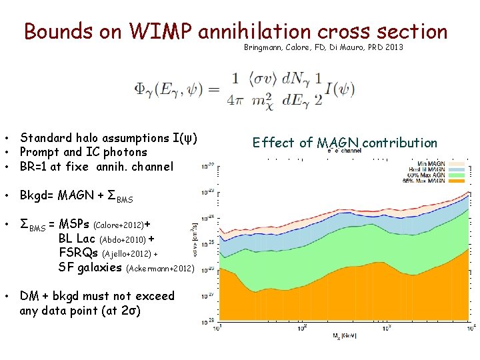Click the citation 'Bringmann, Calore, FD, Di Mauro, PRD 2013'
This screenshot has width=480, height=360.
point(323,48)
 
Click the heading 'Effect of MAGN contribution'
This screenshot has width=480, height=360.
point(345,143)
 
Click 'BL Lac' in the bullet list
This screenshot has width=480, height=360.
point(77,239)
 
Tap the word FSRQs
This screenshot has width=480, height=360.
point(79,253)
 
